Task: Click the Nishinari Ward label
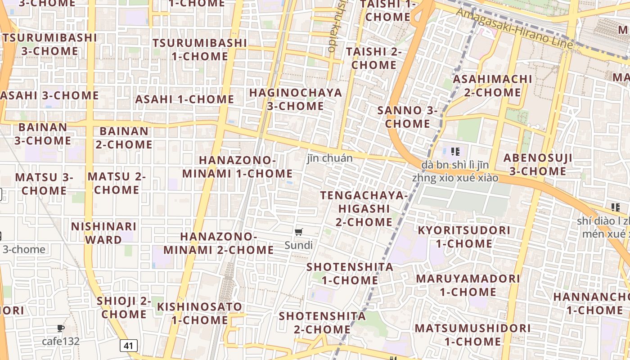(103, 233)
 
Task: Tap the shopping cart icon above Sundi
(298, 232)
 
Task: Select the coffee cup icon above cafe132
(61, 328)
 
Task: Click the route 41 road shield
(128, 346)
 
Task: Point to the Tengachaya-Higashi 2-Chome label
(364, 208)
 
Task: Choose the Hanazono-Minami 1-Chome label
(237, 167)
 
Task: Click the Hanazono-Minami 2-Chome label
(219, 243)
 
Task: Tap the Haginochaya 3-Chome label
(296, 99)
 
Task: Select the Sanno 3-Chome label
(408, 117)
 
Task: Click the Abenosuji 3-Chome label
(538, 164)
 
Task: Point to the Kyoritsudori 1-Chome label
(464, 237)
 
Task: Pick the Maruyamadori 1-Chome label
(468, 285)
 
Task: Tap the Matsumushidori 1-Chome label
(472, 334)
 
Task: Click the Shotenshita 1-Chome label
(350, 273)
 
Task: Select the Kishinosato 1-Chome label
(199, 313)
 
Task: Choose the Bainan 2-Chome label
(124, 138)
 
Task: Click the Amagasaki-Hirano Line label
(515, 28)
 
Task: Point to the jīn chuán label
(330, 158)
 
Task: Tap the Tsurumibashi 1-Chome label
(200, 49)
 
